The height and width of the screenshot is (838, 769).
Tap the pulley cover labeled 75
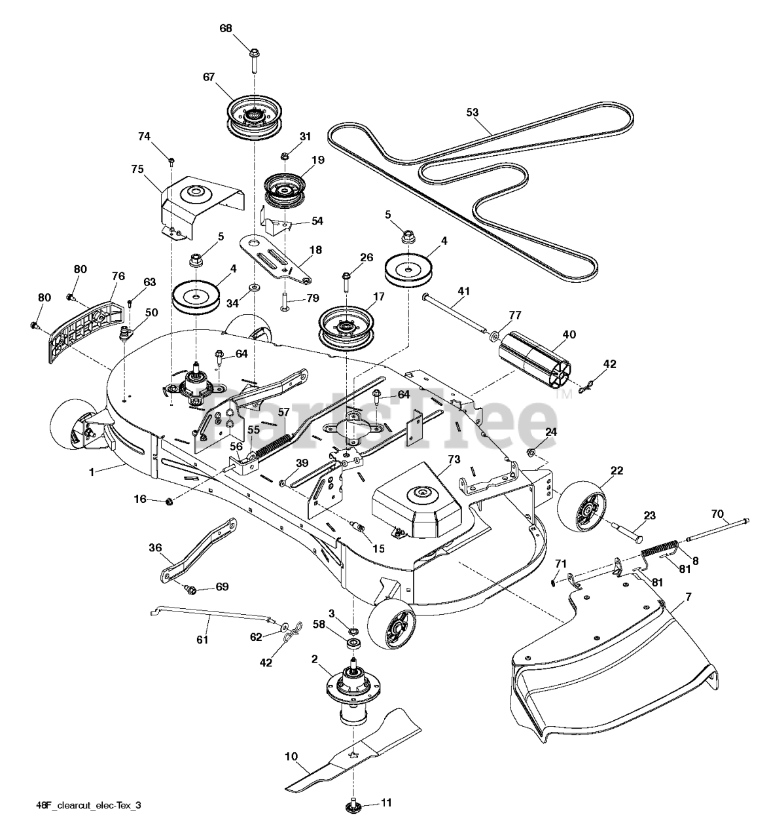pyautogui.click(x=196, y=200)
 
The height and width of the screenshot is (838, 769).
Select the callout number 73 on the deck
pyautogui.click(x=454, y=460)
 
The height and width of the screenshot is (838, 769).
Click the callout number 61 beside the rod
pyautogui.click(x=202, y=639)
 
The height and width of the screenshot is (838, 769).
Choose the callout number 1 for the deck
pyautogui.click(x=92, y=471)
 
